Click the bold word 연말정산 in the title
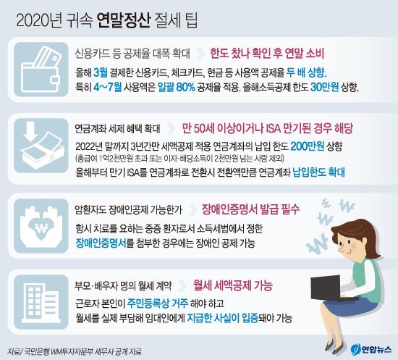124,20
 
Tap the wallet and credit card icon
41,70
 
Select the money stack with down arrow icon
41,146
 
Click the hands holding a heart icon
41,226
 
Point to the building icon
41,302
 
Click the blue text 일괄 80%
176,88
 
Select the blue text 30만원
325,88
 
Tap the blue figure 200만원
308,146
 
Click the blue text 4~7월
107,88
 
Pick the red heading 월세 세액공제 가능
233,285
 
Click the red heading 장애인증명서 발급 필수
250,209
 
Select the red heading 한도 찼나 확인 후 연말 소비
267,54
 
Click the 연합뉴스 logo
371,349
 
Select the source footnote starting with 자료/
75,351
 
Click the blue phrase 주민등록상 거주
158,303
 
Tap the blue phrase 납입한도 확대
319,172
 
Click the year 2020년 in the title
39,20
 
